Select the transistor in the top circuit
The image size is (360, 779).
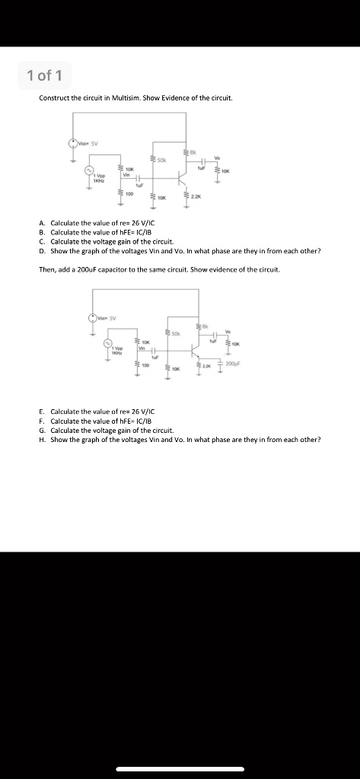[x=183, y=176]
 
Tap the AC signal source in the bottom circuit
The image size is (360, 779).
[x=107, y=345]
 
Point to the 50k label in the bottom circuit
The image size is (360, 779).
[x=176, y=333]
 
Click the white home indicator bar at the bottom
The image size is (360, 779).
[x=180, y=768]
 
